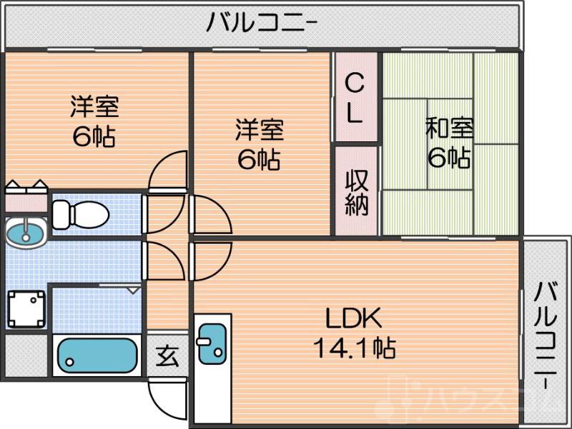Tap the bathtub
point(97,355)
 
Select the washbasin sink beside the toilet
point(25,231)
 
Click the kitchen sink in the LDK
point(210,343)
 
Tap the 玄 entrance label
point(167,354)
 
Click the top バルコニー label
point(262,24)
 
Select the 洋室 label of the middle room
point(259,130)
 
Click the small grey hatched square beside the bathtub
point(25,355)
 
